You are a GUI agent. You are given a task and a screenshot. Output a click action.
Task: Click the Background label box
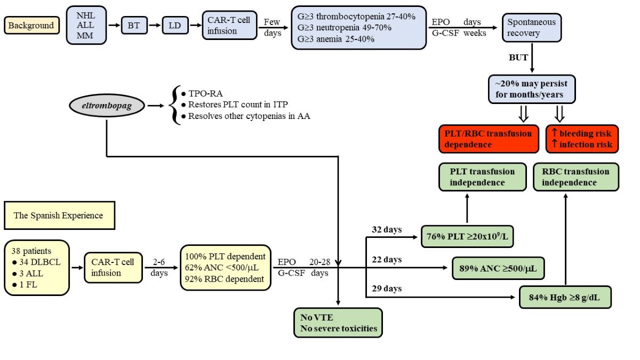pos(31,25)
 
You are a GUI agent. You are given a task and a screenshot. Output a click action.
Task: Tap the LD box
pos(174,25)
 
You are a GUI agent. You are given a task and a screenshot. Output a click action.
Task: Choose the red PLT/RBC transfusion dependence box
pos(489,139)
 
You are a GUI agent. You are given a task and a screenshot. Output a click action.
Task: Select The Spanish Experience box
pos(59,215)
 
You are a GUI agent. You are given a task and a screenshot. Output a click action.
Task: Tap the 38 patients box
pos(37,267)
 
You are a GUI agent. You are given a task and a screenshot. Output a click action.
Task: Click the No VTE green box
pos(338,323)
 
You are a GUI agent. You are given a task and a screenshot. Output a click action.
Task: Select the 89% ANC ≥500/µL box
pos(498,268)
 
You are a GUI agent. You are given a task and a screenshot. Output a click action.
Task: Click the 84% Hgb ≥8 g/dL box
pos(565,297)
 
